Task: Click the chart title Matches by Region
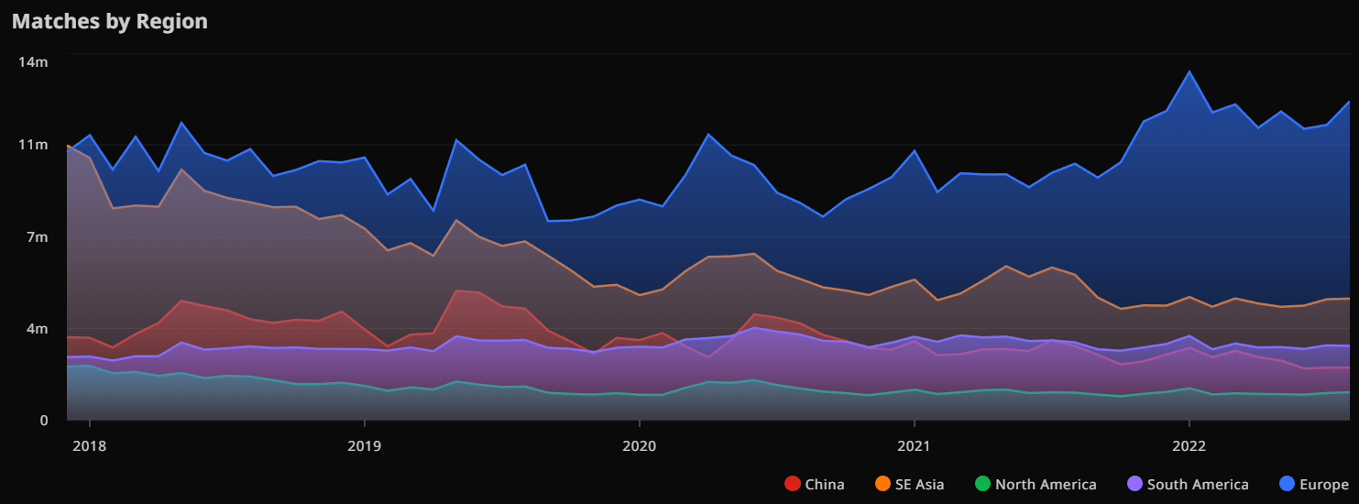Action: pos(109,21)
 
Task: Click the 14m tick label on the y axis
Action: pos(33,61)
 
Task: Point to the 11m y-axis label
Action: pos(33,145)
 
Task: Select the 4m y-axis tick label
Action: pos(35,329)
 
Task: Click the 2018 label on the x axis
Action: pos(89,446)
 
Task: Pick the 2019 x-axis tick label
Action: pos(364,446)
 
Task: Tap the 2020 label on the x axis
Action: pos(639,446)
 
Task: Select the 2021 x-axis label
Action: pos(914,446)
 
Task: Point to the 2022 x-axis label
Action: pos(1189,446)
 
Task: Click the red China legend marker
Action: pos(793,484)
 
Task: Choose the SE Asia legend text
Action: pos(919,484)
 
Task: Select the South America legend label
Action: pos(1197,484)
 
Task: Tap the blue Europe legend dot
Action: pos(1288,484)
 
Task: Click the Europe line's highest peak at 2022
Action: pos(1189,71)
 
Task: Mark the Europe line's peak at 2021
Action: pos(914,150)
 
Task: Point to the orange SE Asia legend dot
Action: pos(883,484)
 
